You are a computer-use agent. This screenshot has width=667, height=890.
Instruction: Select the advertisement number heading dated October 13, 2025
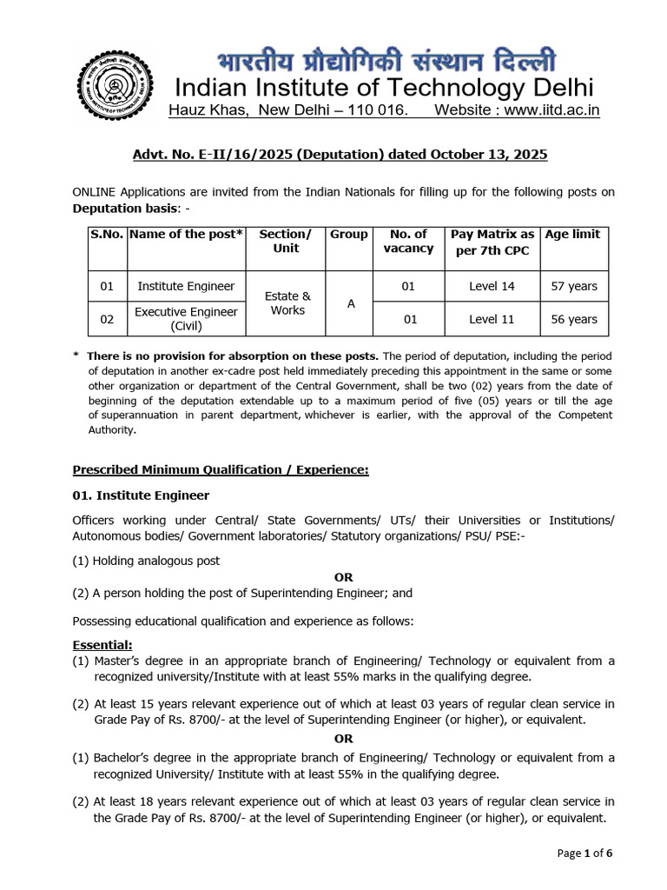coord(340,154)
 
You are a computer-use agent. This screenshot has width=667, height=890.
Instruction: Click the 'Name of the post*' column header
coord(186,235)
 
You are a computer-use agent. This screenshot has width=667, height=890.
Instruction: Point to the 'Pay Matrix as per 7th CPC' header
coord(492,242)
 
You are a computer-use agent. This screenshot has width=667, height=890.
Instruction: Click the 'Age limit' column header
coord(573,235)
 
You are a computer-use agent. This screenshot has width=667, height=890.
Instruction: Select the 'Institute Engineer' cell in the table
coord(186,286)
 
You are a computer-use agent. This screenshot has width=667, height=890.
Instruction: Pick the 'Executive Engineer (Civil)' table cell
coord(186,319)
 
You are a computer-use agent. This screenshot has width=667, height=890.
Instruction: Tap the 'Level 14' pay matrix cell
coord(492,286)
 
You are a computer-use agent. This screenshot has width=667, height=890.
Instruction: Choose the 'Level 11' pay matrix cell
coord(492,319)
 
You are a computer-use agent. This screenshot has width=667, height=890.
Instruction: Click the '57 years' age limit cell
coord(573,286)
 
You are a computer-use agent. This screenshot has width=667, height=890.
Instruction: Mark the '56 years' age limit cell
coord(573,319)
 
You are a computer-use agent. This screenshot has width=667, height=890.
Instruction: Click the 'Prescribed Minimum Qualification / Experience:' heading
coord(221,469)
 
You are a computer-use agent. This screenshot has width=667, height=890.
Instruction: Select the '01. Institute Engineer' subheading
coord(141,495)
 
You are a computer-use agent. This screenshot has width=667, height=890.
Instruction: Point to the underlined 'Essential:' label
coord(102,644)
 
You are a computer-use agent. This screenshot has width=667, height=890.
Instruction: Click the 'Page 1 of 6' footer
coord(584,853)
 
